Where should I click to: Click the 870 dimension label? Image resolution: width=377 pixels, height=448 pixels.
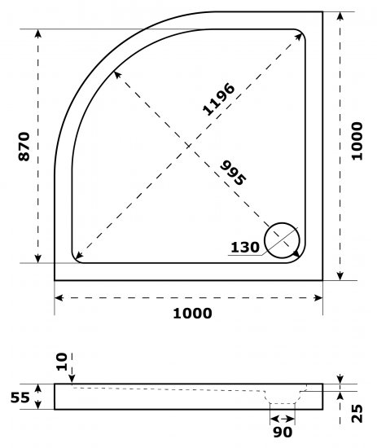click(x=24, y=147)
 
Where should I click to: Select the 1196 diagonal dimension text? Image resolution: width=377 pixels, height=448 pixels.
click(x=219, y=99)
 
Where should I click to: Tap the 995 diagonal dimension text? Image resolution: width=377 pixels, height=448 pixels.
click(x=233, y=173)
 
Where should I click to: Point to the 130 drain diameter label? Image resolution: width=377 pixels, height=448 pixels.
click(x=245, y=247)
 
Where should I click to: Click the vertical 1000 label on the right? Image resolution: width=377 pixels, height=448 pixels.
click(x=357, y=141)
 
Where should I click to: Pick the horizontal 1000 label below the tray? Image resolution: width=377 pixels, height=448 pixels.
click(x=192, y=313)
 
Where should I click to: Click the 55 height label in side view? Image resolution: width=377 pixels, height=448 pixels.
click(x=20, y=397)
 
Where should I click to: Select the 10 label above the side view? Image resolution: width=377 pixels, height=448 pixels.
click(x=62, y=362)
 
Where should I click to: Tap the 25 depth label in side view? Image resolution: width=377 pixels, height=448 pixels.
click(x=357, y=414)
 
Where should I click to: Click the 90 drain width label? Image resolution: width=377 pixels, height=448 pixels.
click(x=283, y=433)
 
